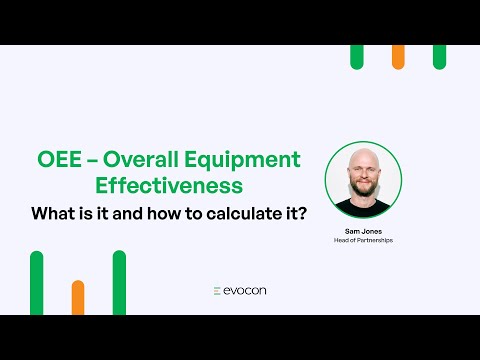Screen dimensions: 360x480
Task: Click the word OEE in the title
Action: tap(57, 160)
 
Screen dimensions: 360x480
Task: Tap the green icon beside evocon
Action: tap(217, 291)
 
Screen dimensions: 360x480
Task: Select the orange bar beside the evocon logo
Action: tap(78, 297)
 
